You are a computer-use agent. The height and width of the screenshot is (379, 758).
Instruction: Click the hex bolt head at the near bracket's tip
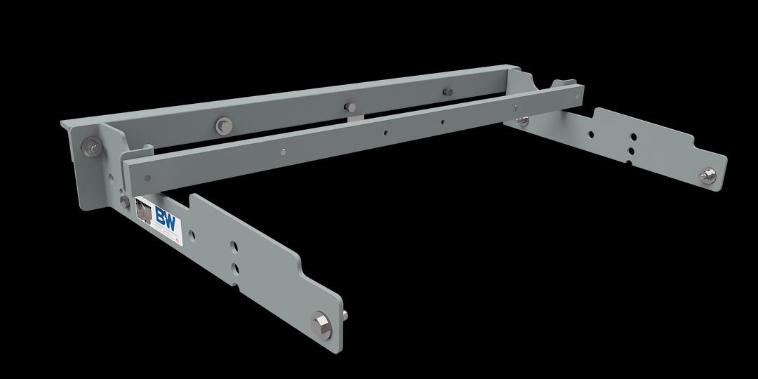coord(321,325)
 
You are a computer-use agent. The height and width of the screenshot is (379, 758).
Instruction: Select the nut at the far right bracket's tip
coord(707,175)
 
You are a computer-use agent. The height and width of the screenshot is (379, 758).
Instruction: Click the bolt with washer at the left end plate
coord(91,147)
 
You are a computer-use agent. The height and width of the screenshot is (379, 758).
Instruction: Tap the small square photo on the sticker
coord(144,210)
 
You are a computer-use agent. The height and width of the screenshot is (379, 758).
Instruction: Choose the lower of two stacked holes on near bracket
coord(235,268)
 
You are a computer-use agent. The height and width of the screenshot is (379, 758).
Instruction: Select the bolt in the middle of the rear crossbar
coord(350,107)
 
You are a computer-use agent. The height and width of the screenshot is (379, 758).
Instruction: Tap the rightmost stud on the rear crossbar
coord(447,91)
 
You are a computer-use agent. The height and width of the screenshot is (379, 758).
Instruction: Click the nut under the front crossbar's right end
coord(522,122)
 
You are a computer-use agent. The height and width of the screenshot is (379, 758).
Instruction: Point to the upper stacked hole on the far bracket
coord(632,138)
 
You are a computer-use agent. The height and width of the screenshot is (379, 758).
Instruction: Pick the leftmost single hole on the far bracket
coord(590,135)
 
